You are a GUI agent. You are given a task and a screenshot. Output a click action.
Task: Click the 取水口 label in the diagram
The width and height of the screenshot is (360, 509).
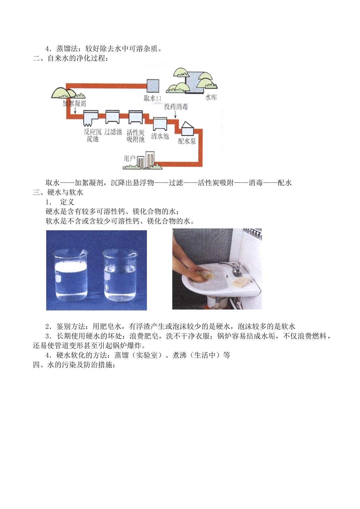tap(152, 98)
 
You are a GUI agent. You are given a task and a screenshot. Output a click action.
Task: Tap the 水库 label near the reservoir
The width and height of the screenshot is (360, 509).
tap(211, 98)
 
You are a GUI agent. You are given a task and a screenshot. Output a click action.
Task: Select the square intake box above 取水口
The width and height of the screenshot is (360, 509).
tap(153, 86)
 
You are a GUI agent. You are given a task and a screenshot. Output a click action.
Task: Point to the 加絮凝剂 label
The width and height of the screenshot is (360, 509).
tap(74, 104)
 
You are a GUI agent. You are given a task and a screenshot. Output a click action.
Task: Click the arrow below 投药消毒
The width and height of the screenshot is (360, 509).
tap(175, 115)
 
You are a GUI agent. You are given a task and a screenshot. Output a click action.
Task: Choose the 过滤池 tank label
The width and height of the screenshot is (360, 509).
tap(113, 132)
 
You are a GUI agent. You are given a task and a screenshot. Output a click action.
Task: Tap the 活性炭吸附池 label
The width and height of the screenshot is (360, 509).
tap(135, 136)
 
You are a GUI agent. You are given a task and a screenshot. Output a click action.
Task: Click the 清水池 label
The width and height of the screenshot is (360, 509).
tap(160, 136)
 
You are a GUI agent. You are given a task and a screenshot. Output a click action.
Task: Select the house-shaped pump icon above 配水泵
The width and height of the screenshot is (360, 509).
tap(187, 129)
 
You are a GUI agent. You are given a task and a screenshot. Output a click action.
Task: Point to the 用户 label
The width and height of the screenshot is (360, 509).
tap(130, 158)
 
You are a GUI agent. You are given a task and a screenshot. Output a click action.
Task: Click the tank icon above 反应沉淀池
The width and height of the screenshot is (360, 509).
tap(91, 118)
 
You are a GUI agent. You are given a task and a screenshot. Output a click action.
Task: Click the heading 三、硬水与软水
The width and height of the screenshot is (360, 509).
tap(58, 192)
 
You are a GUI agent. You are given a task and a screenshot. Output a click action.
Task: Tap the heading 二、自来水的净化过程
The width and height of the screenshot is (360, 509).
tap(70, 58)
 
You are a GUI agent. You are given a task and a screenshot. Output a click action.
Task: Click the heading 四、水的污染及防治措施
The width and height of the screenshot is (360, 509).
tap(74, 365)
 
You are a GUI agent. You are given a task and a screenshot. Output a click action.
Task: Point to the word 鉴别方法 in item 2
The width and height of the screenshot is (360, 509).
tap(71, 326)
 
